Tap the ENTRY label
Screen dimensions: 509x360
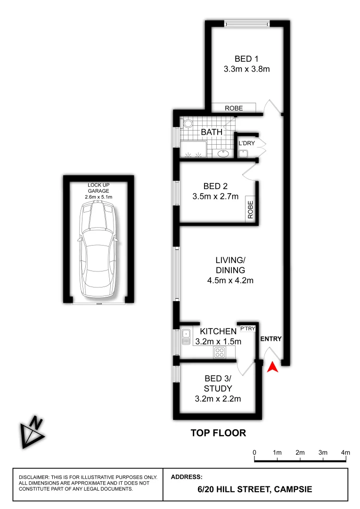click(x=271, y=338)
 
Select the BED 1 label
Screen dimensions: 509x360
click(x=246, y=59)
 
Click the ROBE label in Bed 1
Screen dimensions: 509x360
click(x=234, y=108)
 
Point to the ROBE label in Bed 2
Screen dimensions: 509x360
click(x=250, y=209)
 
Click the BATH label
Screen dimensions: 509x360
click(x=212, y=132)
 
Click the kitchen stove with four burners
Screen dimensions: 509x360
click(x=219, y=352)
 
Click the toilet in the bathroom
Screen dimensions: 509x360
click(x=188, y=124)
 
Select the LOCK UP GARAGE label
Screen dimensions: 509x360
click(x=98, y=187)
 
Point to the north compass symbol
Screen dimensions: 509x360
click(x=33, y=432)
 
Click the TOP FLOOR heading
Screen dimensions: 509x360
click(x=218, y=433)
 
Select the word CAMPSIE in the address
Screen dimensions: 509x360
click(x=292, y=490)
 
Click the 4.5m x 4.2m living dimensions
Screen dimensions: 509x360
click(x=230, y=281)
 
